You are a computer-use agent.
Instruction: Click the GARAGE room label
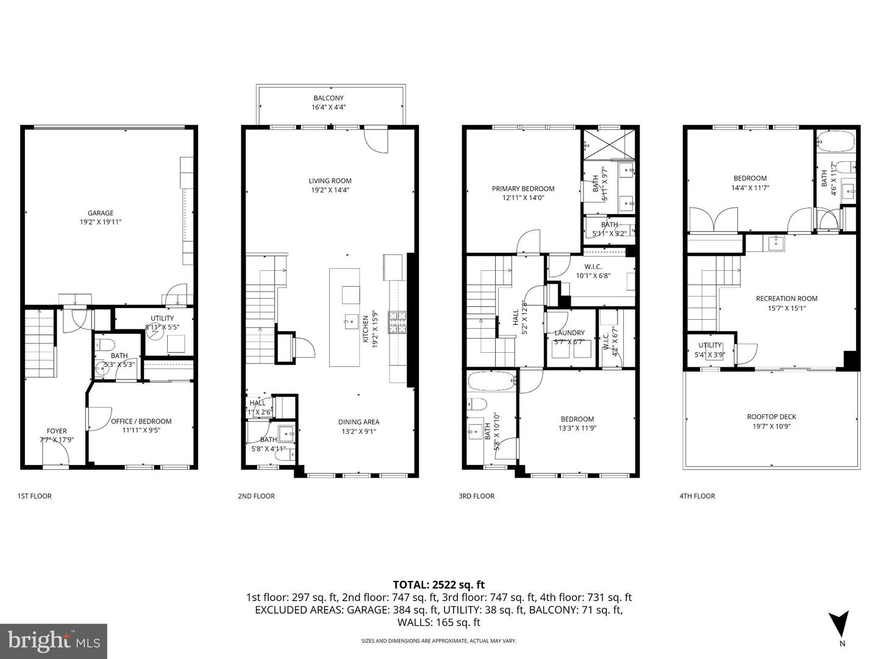[x=101, y=213]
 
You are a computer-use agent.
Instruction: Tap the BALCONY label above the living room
[x=329, y=98]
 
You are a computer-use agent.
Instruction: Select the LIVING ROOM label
[x=330, y=181]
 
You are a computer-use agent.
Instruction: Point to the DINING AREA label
[x=359, y=422]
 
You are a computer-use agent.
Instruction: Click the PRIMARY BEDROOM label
[x=523, y=189]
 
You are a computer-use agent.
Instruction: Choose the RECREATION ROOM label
[x=787, y=298]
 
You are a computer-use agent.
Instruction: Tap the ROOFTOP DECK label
[x=771, y=417]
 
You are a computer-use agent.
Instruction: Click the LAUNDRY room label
[x=569, y=333]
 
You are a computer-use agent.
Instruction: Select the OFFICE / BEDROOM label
[x=141, y=421]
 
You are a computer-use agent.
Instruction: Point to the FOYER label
[x=57, y=431]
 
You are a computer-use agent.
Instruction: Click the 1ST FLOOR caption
[x=35, y=496]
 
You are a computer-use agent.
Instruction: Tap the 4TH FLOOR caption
[x=697, y=496]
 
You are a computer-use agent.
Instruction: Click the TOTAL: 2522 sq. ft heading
[x=438, y=585]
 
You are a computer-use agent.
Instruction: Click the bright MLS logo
[x=54, y=641]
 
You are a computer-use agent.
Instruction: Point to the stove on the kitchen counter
[x=397, y=322]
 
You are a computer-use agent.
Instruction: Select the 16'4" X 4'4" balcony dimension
[x=329, y=107]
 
